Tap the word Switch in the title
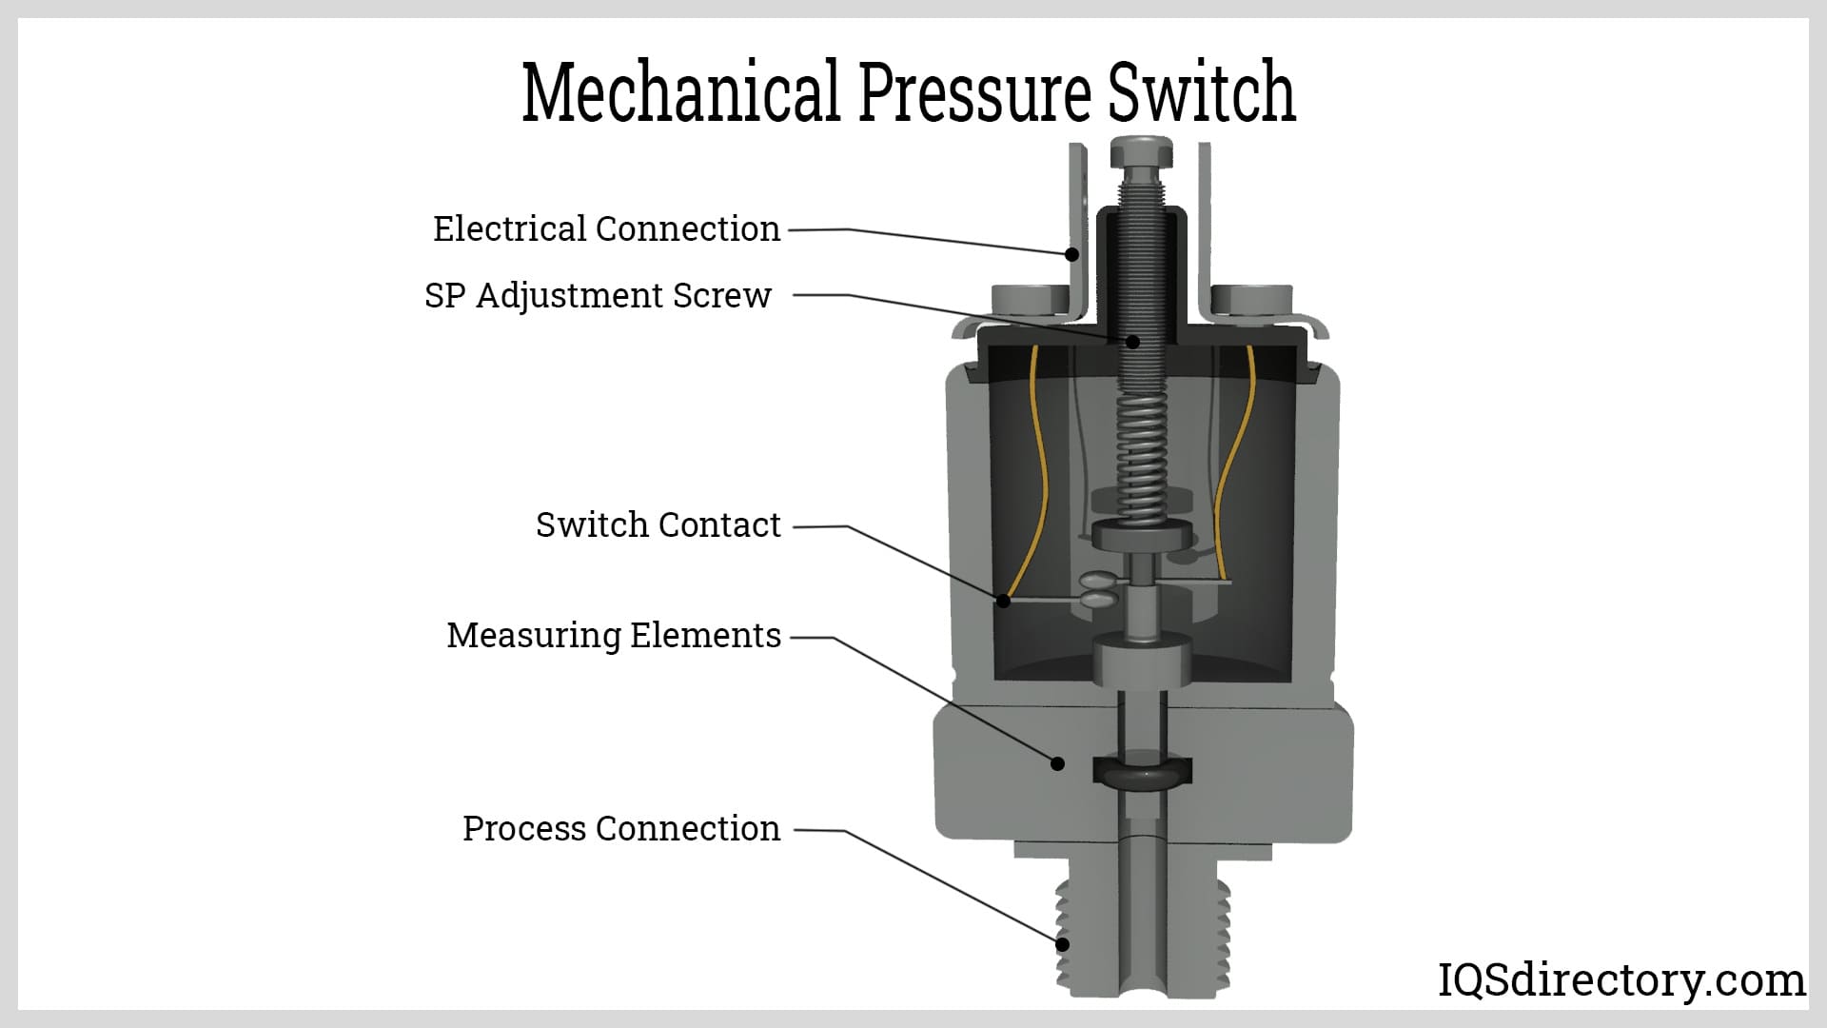[x=1201, y=92]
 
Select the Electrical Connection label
[x=606, y=229]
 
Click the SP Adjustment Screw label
[x=598, y=296]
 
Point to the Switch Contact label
[x=658, y=525]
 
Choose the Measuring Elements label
[x=614, y=636]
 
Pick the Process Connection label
[x=620, y=829]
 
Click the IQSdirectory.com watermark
[x=1621, y=980]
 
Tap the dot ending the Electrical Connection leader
[x=1071, y=254]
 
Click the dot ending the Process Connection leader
[x=1063, y=944]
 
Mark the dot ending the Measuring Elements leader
[x=1057, y=762]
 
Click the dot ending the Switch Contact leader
[x=1003, y=601]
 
